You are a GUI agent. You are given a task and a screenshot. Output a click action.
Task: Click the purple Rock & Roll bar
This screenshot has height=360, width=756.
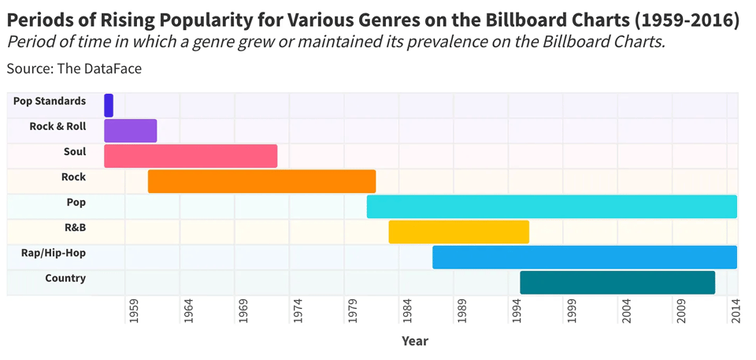131,131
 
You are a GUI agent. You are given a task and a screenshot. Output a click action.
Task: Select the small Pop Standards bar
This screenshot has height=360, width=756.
109,106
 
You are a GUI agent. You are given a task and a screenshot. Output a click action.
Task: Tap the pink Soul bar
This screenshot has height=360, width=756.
191,156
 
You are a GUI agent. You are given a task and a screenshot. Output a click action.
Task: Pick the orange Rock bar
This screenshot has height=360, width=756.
261,181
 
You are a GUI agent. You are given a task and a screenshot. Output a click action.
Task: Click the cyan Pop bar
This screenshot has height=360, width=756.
551,206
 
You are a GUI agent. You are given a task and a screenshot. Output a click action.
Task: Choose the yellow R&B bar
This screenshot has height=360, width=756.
458,232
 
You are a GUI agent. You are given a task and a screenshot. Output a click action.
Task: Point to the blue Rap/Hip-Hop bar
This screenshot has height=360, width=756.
584,257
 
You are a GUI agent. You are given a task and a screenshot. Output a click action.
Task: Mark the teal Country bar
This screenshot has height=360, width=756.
617,282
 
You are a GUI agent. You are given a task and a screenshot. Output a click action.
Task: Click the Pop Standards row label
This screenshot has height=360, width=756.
50,102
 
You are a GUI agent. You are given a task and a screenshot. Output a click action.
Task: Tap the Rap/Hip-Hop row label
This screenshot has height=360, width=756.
54,253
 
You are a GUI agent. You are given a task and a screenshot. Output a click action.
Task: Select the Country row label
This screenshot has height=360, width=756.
65,278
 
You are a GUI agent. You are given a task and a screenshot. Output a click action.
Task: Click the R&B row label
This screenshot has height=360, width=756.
76,228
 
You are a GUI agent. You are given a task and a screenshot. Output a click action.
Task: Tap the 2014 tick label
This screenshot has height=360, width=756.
736,311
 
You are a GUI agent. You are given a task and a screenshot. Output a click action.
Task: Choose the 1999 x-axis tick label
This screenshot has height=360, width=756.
571,311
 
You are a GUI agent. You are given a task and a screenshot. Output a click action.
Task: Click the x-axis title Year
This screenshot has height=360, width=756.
415,341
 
